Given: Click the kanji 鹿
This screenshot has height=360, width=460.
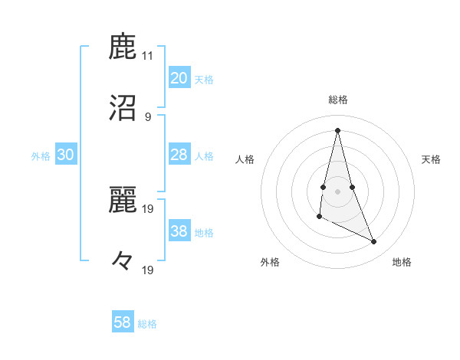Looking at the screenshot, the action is pyautogui.click(x=123, y=48).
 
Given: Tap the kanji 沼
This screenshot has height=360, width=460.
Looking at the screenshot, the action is pyautogui.click(x=123, y=109).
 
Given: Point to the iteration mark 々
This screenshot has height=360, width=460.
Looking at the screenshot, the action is pyautogui.click(x=123, y=261).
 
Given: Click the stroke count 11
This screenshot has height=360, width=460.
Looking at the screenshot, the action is pyautogui.click(x=148, y=56).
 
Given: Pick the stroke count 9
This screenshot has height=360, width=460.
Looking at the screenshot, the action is pyautogui.click(x=148, y=116).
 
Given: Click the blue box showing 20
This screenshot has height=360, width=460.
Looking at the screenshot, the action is pyautogui.click(x=179, y=78).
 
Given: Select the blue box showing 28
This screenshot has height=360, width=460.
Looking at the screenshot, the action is pyautogui.click(x=179, y=155).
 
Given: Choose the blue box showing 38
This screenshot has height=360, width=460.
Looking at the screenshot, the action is pyautogui.click(x=179, y=231).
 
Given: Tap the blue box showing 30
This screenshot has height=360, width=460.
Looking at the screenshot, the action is pyautogui.click(x=66, y=155).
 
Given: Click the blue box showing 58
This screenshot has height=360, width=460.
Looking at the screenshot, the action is pyautogui.click(x=123, y=322).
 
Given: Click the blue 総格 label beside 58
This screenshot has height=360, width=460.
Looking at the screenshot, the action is pyautogui.click(x=147, y=324).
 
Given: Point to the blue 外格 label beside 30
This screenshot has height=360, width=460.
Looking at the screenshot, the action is pyautogui.click(x=41, y=156).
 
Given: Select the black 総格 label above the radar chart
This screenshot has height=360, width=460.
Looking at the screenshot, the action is pyautogui.click(x=337, y=100).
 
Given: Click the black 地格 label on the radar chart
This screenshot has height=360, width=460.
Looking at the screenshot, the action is pyautogui.click(x=402, y=262).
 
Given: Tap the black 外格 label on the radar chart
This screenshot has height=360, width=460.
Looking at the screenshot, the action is pyautogui.click(x=270, y=262).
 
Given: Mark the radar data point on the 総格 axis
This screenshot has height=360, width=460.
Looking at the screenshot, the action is pyautogui.click(x=337, y=130).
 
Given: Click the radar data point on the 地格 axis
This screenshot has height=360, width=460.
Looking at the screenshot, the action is pyautogui.click(x=374, y=241).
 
